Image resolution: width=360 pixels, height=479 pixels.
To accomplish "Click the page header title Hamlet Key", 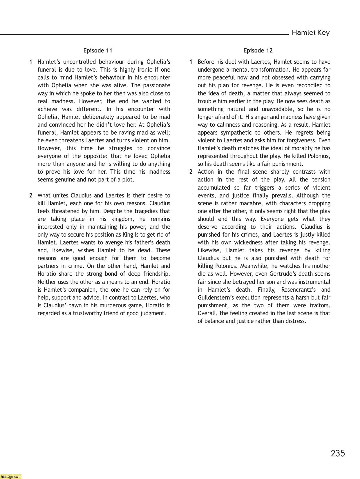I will (310, 32).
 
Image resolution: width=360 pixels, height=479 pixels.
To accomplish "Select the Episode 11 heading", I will (98, 50).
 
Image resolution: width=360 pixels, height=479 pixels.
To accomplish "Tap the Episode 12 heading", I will (258, 50).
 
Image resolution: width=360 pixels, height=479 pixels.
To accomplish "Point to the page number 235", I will (338, 453).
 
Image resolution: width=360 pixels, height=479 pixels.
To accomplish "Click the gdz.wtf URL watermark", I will (11, 476).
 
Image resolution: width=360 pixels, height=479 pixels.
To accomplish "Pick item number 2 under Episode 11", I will (31, 195).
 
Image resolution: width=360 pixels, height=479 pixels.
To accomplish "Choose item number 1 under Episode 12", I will (191, 62).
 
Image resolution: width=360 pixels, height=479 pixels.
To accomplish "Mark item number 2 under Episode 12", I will (191, 172).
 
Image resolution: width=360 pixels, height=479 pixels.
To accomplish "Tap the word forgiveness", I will (300, 140).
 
